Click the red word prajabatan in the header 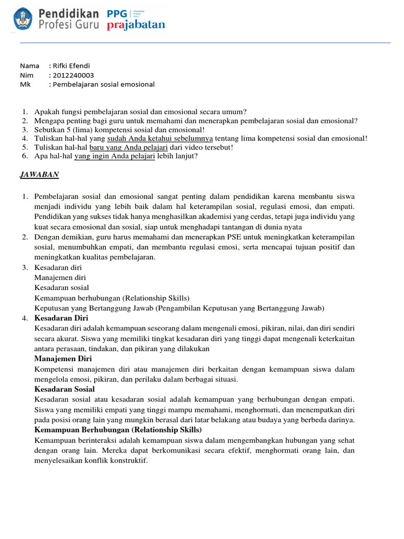tap(136, 25)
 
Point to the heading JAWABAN tap(39, 174)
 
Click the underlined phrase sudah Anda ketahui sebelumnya tap(159, 138)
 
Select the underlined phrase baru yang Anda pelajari tap(122, 147)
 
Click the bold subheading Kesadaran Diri tap(61, 318)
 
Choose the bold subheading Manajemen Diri tap(63, 358)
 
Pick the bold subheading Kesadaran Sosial tap(64, 389)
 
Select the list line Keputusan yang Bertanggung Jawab tap(179, 308)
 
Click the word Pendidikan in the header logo tap(73, 13)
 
